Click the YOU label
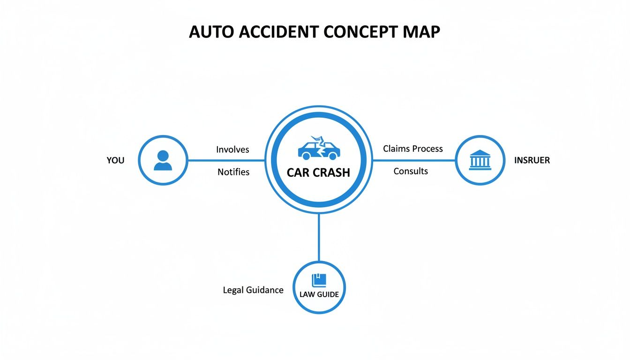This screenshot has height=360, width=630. tap(115, 160)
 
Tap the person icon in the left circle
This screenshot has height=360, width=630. tap(163, 160)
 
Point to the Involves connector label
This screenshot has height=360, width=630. tap(232, 150)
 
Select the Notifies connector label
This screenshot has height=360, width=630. tap(233, 172)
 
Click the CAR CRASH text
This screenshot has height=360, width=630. tap(318, 172)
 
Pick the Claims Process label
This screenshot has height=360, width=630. tap(412, 149)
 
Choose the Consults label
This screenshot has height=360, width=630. tap(411, 171)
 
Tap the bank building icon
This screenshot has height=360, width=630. tap(480, 160)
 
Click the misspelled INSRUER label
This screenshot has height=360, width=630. tap(532, 160)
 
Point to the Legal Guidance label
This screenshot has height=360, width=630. tap(253, 290)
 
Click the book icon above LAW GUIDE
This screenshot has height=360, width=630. tap(319, 280)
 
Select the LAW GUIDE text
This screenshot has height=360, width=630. tap(319, 295)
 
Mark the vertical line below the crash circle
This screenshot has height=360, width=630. tap(319, 237)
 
